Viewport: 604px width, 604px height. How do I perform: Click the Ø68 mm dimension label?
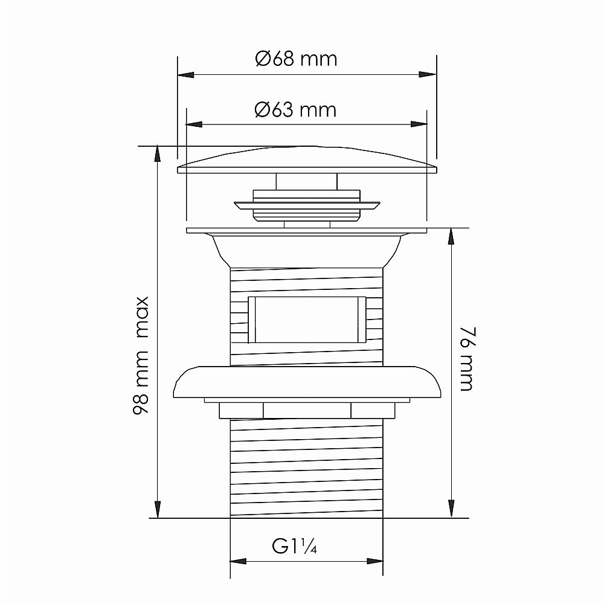point(296,59)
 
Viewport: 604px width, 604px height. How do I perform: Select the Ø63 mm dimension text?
point(295,110)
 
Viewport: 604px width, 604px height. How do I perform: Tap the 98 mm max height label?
point(141,355)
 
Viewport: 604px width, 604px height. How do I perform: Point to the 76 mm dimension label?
point(466,359)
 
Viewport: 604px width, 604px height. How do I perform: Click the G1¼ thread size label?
point(294,546)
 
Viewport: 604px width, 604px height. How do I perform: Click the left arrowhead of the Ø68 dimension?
point(185,75)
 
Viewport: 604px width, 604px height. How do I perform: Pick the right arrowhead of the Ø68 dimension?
point(428,74)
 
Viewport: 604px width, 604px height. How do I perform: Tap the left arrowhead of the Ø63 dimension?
point(194,124)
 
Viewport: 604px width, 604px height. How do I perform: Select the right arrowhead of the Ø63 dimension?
point(419,124)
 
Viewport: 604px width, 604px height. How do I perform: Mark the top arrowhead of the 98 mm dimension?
point(157,153)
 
